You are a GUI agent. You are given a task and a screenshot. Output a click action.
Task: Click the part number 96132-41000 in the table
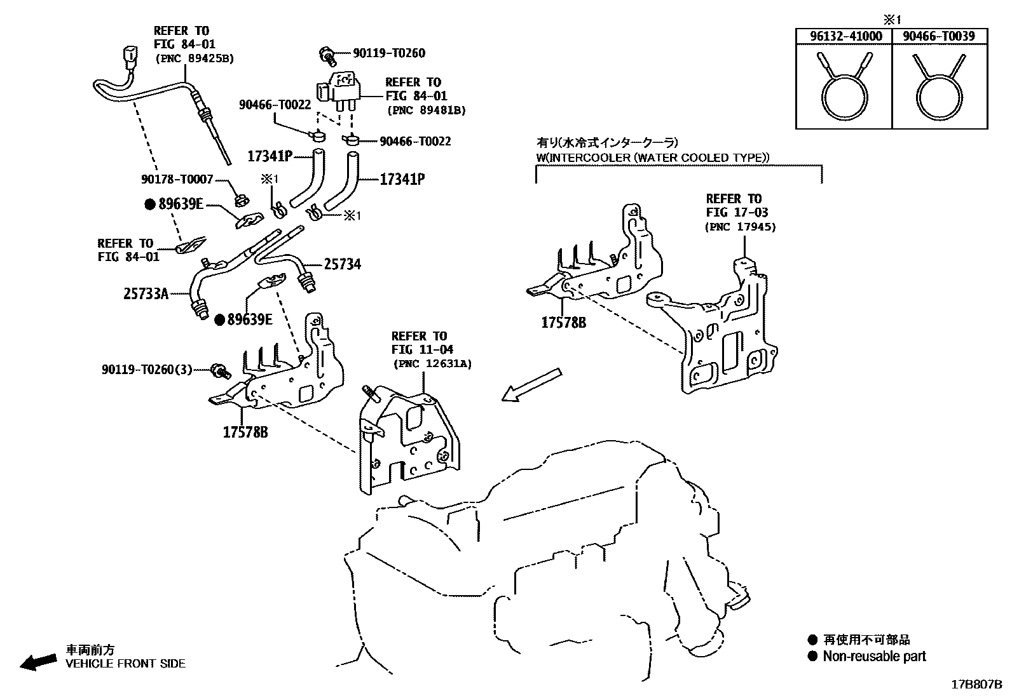pyautogui.click(x=845, y=36)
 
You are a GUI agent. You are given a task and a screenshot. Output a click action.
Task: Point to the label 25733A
pyautogui.click(x=146, y=293)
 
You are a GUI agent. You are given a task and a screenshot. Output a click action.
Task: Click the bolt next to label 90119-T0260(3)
pyautogui.click(x=220, y=370)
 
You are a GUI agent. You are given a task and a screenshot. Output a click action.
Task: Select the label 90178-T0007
pyautogui.click(x=177, y=180)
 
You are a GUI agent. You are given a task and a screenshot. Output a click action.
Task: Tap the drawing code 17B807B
pyautogui.click(x=976, y=685)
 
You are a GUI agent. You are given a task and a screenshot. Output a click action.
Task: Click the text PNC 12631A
pyautogui.click(x=432, y=364)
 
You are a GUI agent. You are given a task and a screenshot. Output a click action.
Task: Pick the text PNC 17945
pyautogui.click(x=741, y=227)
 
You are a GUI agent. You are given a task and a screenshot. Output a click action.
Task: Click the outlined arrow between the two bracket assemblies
pyautogui.click(x=531, y=385)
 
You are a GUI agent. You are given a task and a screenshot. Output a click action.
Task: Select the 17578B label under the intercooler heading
pyautogui.click(x=563, y=323)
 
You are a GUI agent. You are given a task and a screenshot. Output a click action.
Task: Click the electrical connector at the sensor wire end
pyautogui.click(x=130, y=58)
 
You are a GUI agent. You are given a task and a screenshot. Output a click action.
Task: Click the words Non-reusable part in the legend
pyautogui.click(x=874, y=657)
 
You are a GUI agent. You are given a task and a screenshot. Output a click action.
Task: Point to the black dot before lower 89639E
pyautogui.click(x=219, y=320)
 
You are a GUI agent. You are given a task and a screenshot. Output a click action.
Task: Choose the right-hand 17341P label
pyautogui.click(x=402, y=180)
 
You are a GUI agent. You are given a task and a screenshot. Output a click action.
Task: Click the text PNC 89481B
pyautogui.click(x=427, y=110)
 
